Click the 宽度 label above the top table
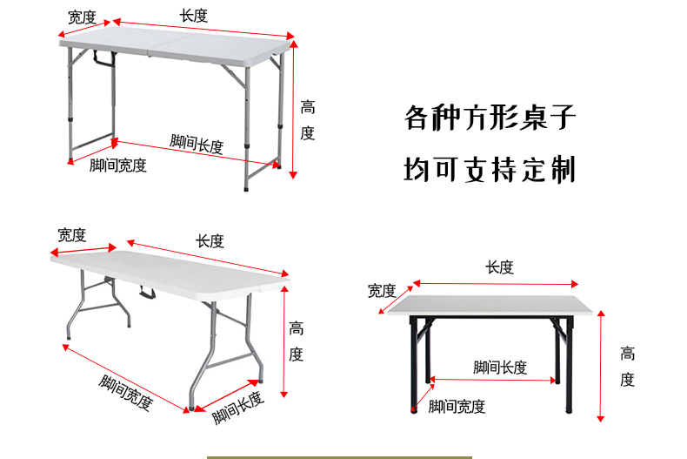pyautogui.click(x=82, y=17)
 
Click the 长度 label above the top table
pyautogui.click(x=194, y=16)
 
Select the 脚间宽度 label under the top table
pyautogui.click(x=118, y=165)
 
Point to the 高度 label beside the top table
pyautogui.click(x=308, y=120)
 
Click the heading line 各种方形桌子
pyautogui.click(x=490, y=118)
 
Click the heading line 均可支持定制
pyautogui.click(x=490, y=169)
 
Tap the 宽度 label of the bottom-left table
pyautogui.click(x=72, y=234)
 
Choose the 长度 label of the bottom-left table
pyautogui.click(x=210, y=241)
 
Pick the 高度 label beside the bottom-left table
pyautogui.click(x=297, y=341)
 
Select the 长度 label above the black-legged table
pyautogui.click(x=500, y=267)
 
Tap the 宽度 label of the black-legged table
pyautogui.click(x=382, y=290)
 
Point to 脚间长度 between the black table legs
pyautogui.click(x=500, y=368)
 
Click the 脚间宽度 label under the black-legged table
pyautogui.click(x=457, y=407)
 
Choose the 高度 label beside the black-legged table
pyautogui.click(x=627, y=367)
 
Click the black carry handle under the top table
pyautogui.click(x=104, y=61)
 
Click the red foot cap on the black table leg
pyautogui.click(x=413, y=405)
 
